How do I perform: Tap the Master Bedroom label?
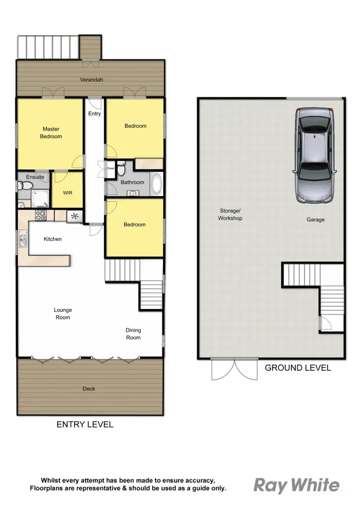51,133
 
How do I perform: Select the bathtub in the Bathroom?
156,184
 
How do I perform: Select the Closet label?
110,169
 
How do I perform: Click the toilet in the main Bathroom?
122,169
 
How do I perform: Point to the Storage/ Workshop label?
231,214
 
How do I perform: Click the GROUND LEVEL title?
298,368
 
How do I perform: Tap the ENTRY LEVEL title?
85,424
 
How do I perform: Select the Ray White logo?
296,485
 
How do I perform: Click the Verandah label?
91,80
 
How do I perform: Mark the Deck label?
89,389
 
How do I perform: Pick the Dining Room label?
133,334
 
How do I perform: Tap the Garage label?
315,220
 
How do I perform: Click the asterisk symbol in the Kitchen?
74,216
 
